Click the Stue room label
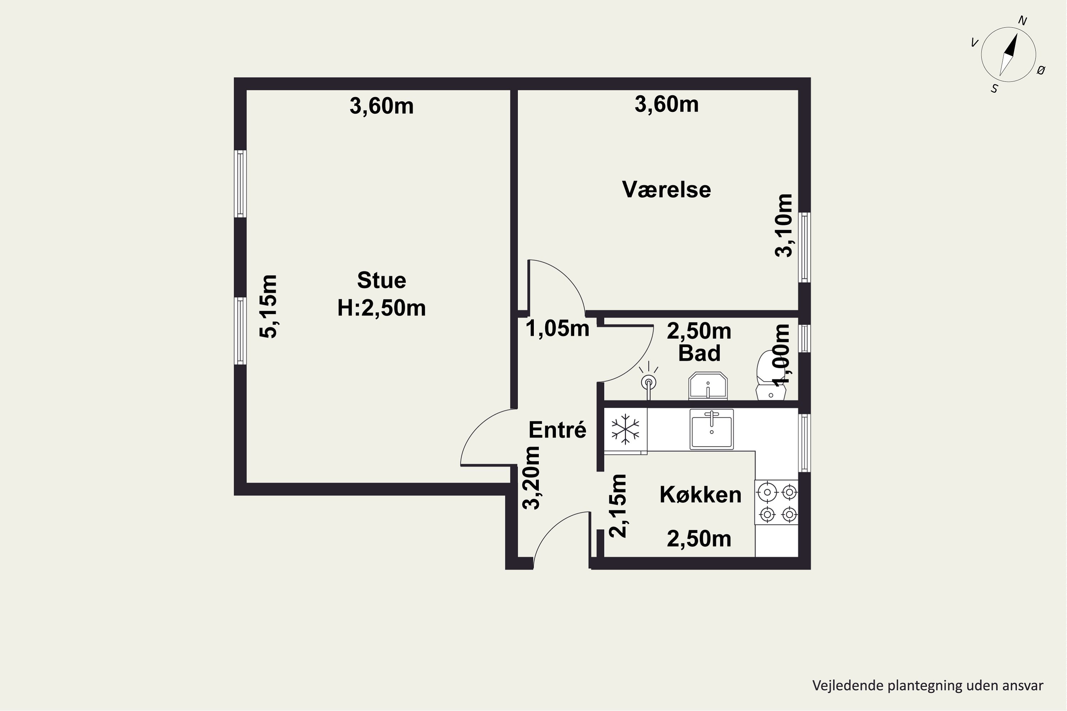tap(382, 280)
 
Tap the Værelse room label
tap(667, 189)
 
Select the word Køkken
tap(700, 494)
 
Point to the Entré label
tap(558, 430)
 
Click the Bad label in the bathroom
tap(699, 353)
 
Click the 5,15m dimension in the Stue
tap(268, 306)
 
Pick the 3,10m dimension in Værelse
tap(784, 226)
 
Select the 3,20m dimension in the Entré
tap(531, 478)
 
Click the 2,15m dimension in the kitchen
tap(617, 506)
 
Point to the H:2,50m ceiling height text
tap(382, 308)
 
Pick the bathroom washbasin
tap(708, 386)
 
